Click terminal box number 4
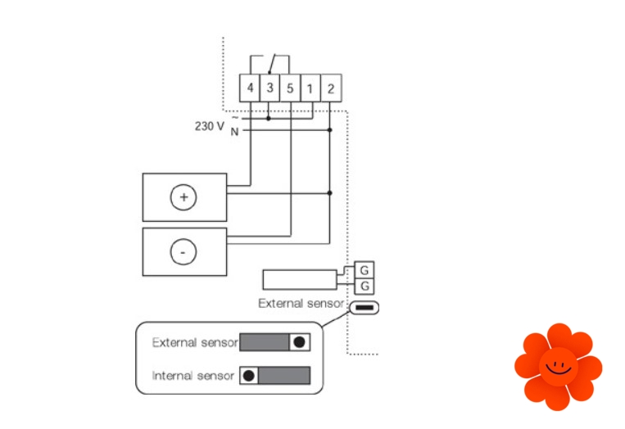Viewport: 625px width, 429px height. pos(250,88)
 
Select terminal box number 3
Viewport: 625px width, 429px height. pos(269,88)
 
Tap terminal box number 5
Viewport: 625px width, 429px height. pos(290,88)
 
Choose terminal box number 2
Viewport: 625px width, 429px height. pos(330,88)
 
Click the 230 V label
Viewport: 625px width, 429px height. pos(209,126)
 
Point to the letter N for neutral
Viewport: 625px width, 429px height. pos(234,131)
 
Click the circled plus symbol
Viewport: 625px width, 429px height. pos(183,197)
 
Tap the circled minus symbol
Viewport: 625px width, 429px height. pos(183,252)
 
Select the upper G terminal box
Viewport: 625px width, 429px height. pos(365,270)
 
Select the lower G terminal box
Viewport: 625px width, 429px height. pos(365,287)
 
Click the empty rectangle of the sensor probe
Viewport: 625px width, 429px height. pos(299,279)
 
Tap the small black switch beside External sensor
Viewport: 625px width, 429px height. pos(365,309)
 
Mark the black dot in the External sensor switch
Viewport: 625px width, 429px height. pos(301,342)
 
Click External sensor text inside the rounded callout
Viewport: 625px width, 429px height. pos(195,342)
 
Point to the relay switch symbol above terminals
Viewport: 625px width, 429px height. pos(270,62)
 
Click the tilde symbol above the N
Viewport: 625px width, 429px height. pos(234,117)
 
